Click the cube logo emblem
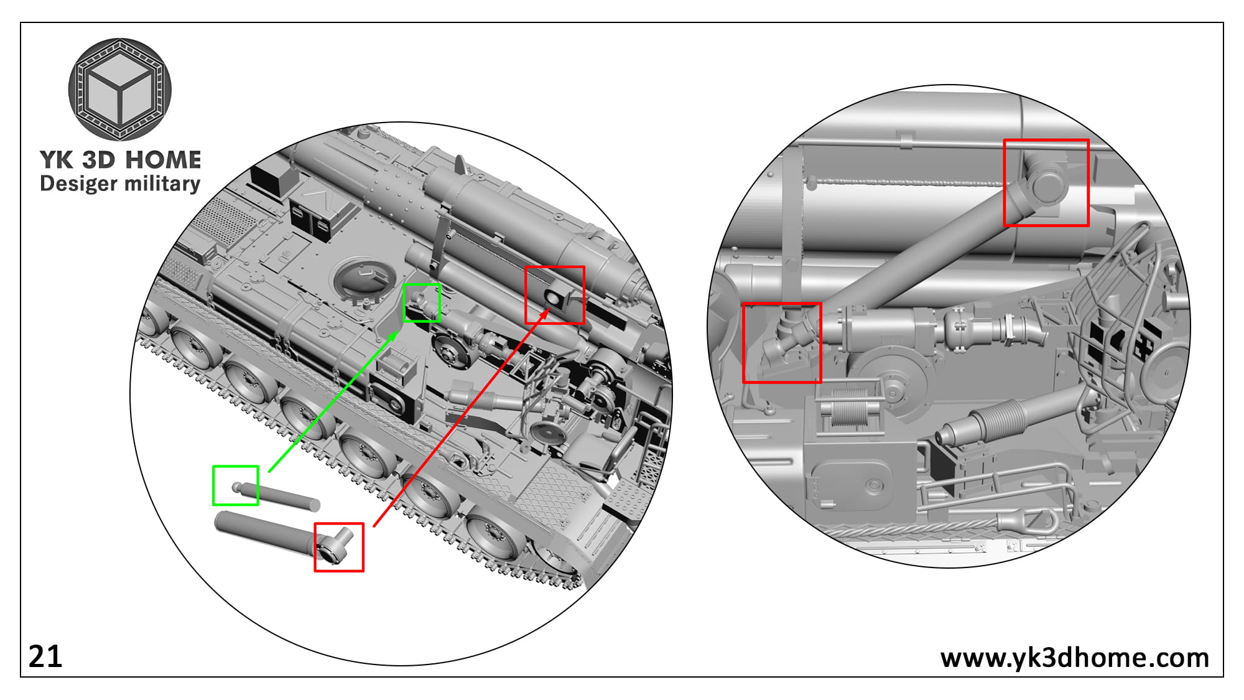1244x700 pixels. (119, 89)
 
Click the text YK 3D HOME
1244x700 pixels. (120, 160)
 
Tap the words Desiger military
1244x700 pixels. (120, 184)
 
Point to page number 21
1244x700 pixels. (45, 656)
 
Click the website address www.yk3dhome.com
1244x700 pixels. (1074, 658)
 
